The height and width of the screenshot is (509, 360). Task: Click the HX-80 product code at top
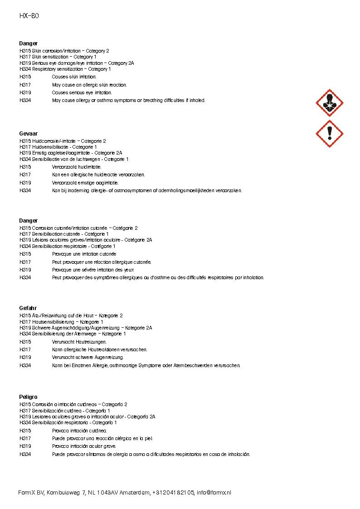tap(29, 16)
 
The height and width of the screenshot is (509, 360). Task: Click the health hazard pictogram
tap(329, 102)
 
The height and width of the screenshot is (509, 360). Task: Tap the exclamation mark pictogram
tap(329, 133)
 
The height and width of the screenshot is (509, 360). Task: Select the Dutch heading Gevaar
tap(28, 134)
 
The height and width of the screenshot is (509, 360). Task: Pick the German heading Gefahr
tap(28, 308)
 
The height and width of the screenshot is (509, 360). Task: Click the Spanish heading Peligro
tap(28, 397)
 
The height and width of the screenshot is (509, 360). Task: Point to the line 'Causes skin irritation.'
tap(74, 77)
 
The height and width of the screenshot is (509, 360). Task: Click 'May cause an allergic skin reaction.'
tap(89, 85)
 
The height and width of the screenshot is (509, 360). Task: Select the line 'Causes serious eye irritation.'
tap(82, 92)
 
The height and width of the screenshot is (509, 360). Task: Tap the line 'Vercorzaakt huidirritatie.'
tap(77, 167)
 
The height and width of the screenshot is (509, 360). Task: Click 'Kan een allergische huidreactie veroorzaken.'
tap(98, 175)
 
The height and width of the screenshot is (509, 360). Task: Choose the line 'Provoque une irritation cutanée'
tap(84, 254)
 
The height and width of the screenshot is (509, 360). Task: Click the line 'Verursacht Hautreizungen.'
tap(79, 342)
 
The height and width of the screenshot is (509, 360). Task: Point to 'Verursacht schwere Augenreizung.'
tap(87, 357)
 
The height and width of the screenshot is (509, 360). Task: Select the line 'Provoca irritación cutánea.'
tap(79, 431)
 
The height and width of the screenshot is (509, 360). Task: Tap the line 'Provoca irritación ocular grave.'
tap(84, 446)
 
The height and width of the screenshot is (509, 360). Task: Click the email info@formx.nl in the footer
tap(214, 493)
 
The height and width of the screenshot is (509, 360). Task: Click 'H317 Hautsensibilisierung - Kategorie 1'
tap(61, 322)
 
